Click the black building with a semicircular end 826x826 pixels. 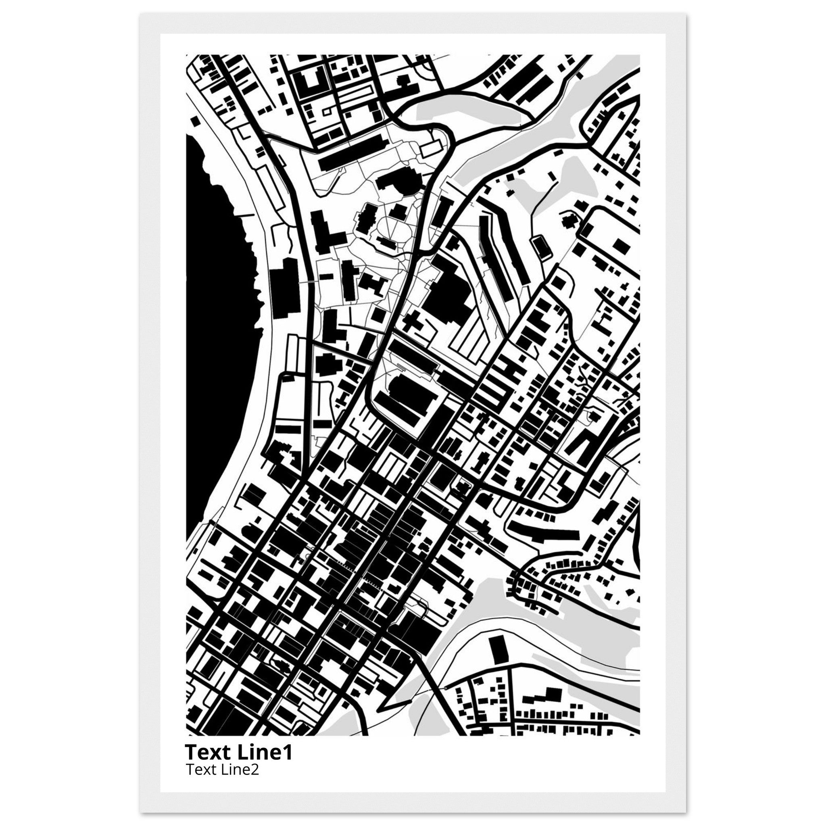[398, 182]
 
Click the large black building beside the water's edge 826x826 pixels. [285, 287]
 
